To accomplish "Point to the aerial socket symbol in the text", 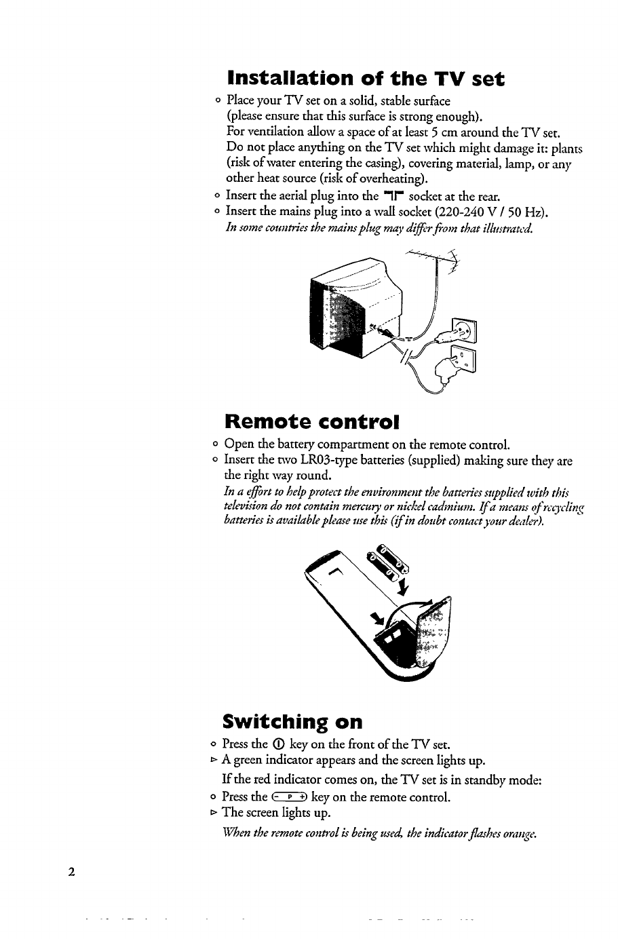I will tap(396, 197).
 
